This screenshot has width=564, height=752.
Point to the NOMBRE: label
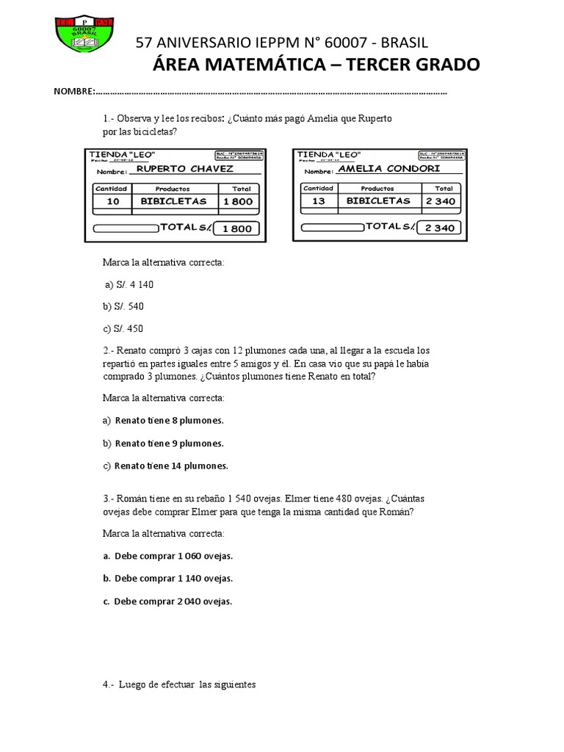point(74,93)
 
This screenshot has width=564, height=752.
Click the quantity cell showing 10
point(113,201)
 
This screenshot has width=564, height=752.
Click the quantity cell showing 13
point(319,200)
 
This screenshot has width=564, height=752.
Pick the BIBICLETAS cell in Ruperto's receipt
point(173,201)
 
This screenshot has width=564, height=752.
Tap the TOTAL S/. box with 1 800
point(236,228)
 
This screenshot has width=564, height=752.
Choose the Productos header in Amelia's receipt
point(377,189)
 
